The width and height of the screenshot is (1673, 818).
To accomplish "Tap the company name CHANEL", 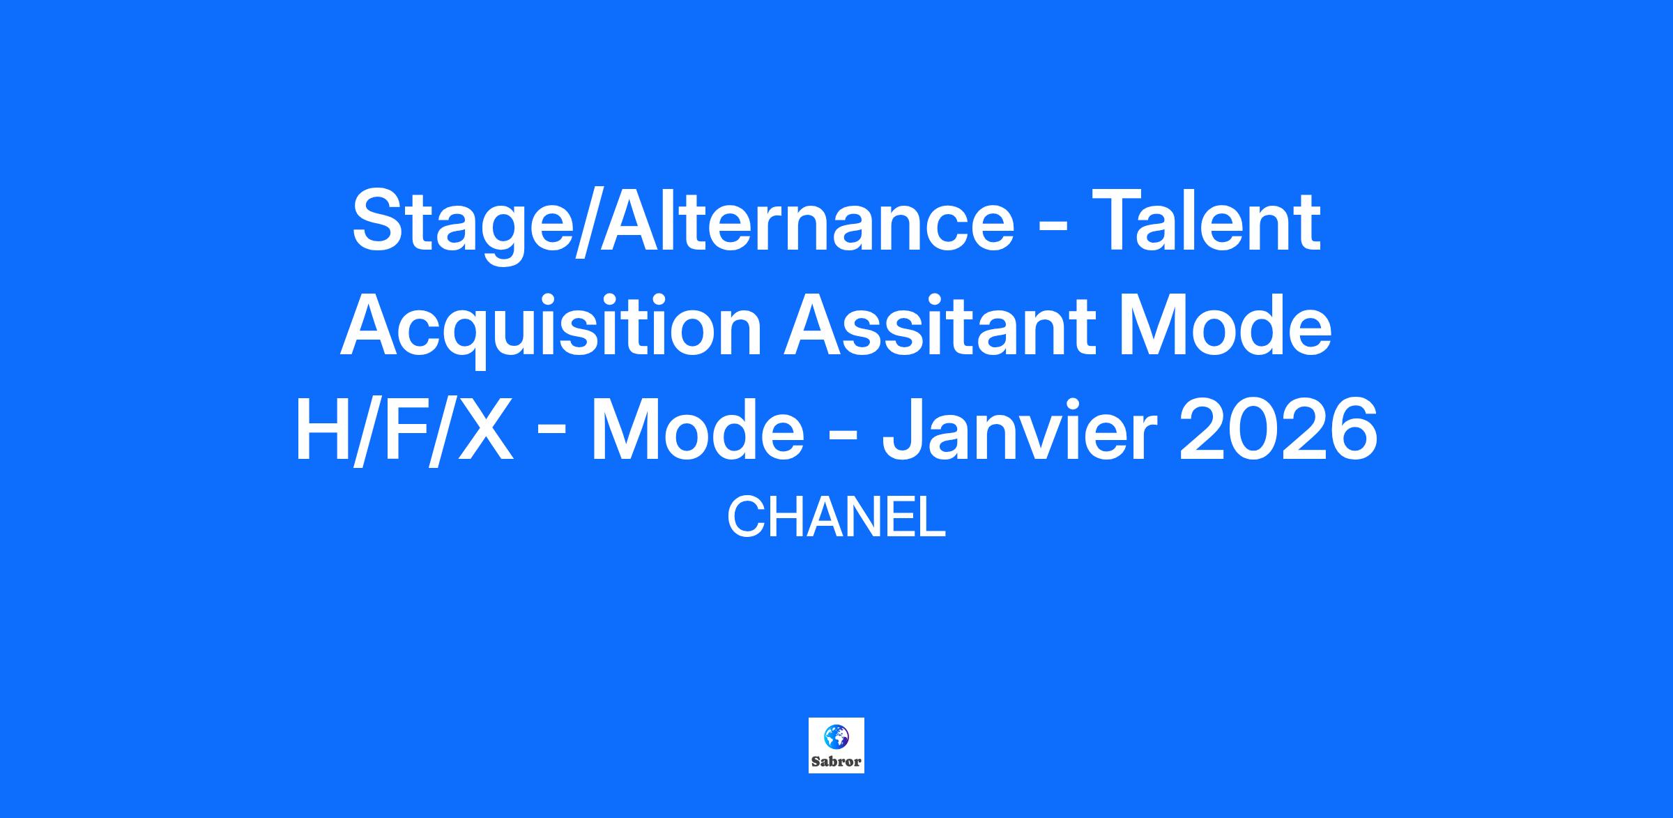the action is [837, 518].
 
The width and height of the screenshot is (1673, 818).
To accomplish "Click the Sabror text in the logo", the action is [837, 762].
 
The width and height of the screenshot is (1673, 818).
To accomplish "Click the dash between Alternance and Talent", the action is [1054, 226].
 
